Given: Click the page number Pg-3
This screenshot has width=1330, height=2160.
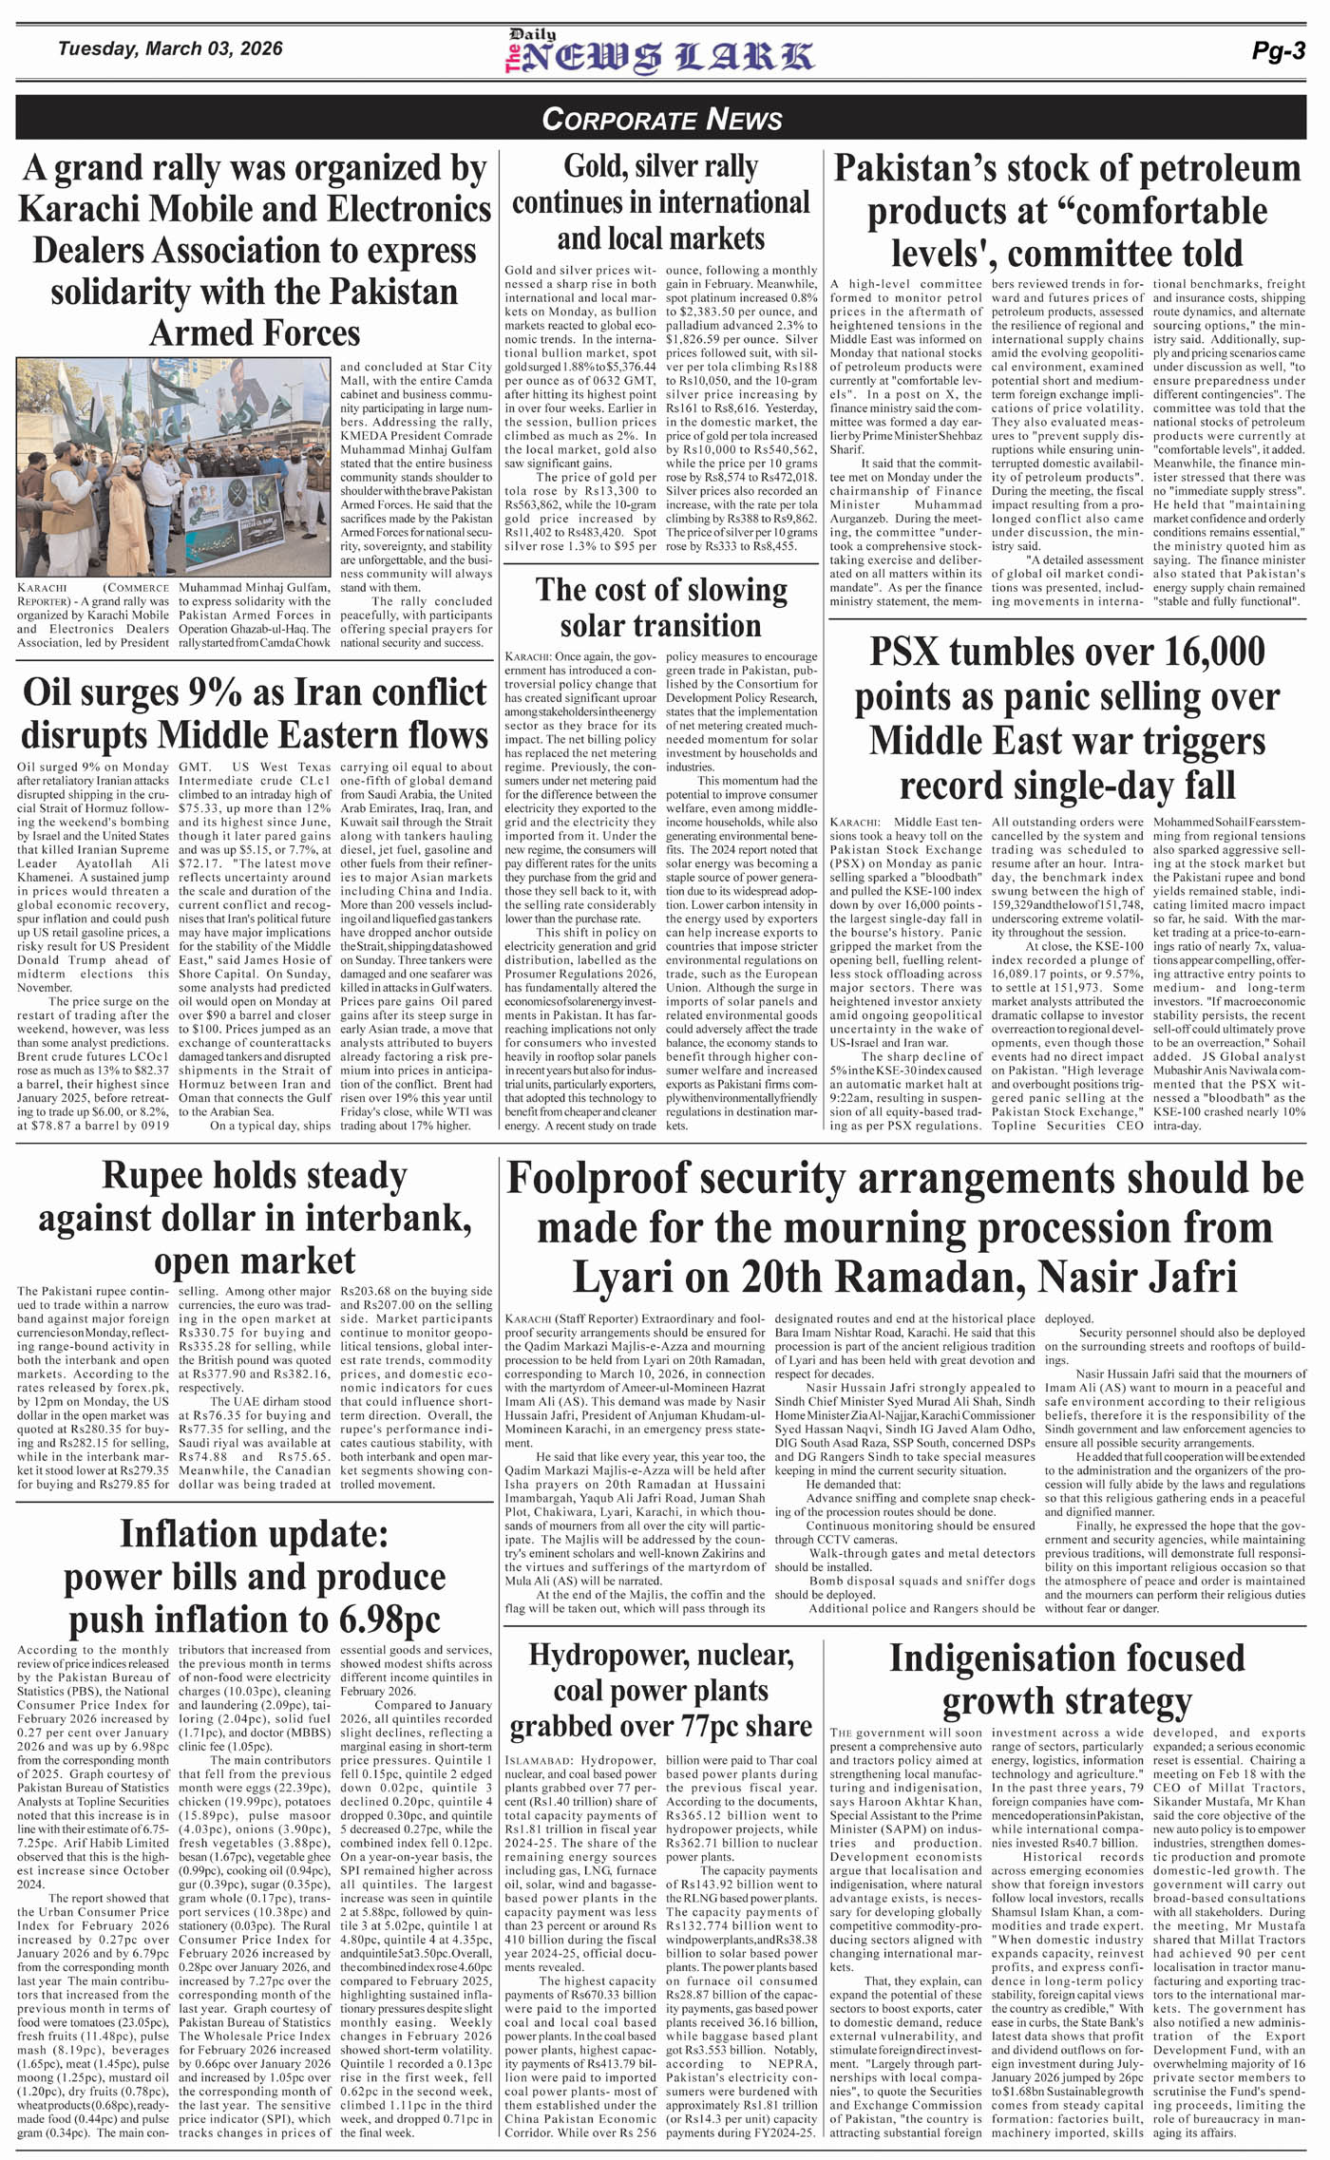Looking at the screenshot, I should point(1278,51).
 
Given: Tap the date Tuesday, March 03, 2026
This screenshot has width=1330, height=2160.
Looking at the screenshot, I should point(170,48).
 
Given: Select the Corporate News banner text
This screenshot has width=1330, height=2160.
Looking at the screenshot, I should point(662,119).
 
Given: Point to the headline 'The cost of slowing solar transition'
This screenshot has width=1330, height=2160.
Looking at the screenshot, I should point(661,607).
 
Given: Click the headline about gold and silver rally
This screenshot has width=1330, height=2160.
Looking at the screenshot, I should point(661,201).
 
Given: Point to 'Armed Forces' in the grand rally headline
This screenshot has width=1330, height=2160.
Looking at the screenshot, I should point(256,332).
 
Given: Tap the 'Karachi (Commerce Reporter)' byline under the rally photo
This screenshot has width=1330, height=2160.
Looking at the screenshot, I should point(93,595).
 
